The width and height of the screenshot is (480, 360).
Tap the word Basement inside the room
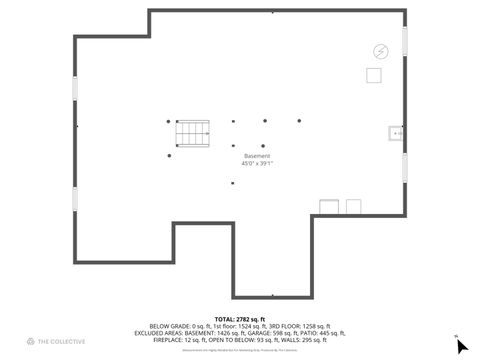257,156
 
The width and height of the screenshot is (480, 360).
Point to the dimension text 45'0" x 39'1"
257,164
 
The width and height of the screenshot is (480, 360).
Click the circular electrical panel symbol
380,51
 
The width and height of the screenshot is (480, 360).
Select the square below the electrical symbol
374,75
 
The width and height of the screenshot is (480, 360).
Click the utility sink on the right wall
395,132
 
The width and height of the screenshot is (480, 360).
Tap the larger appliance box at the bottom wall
329,206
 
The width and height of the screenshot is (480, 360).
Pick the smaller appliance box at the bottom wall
353,206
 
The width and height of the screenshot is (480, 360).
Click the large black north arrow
461,346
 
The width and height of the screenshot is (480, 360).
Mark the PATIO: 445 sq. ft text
326,332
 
